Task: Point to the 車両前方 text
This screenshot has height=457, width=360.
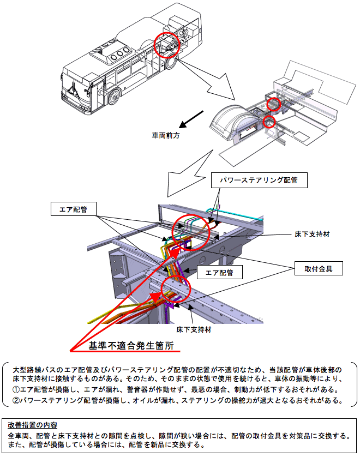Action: tap(165, 135)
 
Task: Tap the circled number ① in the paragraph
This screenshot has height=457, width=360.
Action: tap(15, 389)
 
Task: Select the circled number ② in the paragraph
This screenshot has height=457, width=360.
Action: tap(15, 401)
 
